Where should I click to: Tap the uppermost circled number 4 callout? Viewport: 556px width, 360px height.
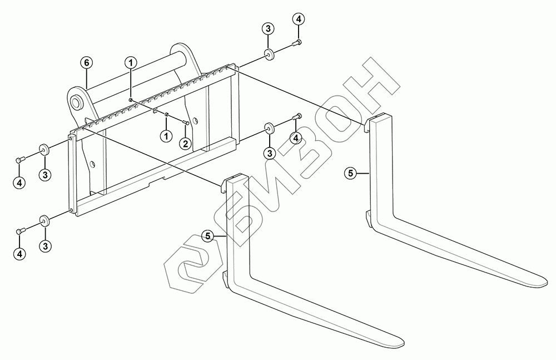[298, 19]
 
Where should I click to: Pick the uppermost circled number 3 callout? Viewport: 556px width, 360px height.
[268, 28]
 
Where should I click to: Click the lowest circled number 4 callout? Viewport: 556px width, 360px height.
[19, 254]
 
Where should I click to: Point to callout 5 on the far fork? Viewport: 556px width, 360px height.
[350, 174]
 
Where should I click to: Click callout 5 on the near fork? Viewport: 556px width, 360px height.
[207, 236]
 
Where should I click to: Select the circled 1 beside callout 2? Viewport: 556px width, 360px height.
[165, 135]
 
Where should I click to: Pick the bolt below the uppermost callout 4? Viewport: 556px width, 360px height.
[297, 42]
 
